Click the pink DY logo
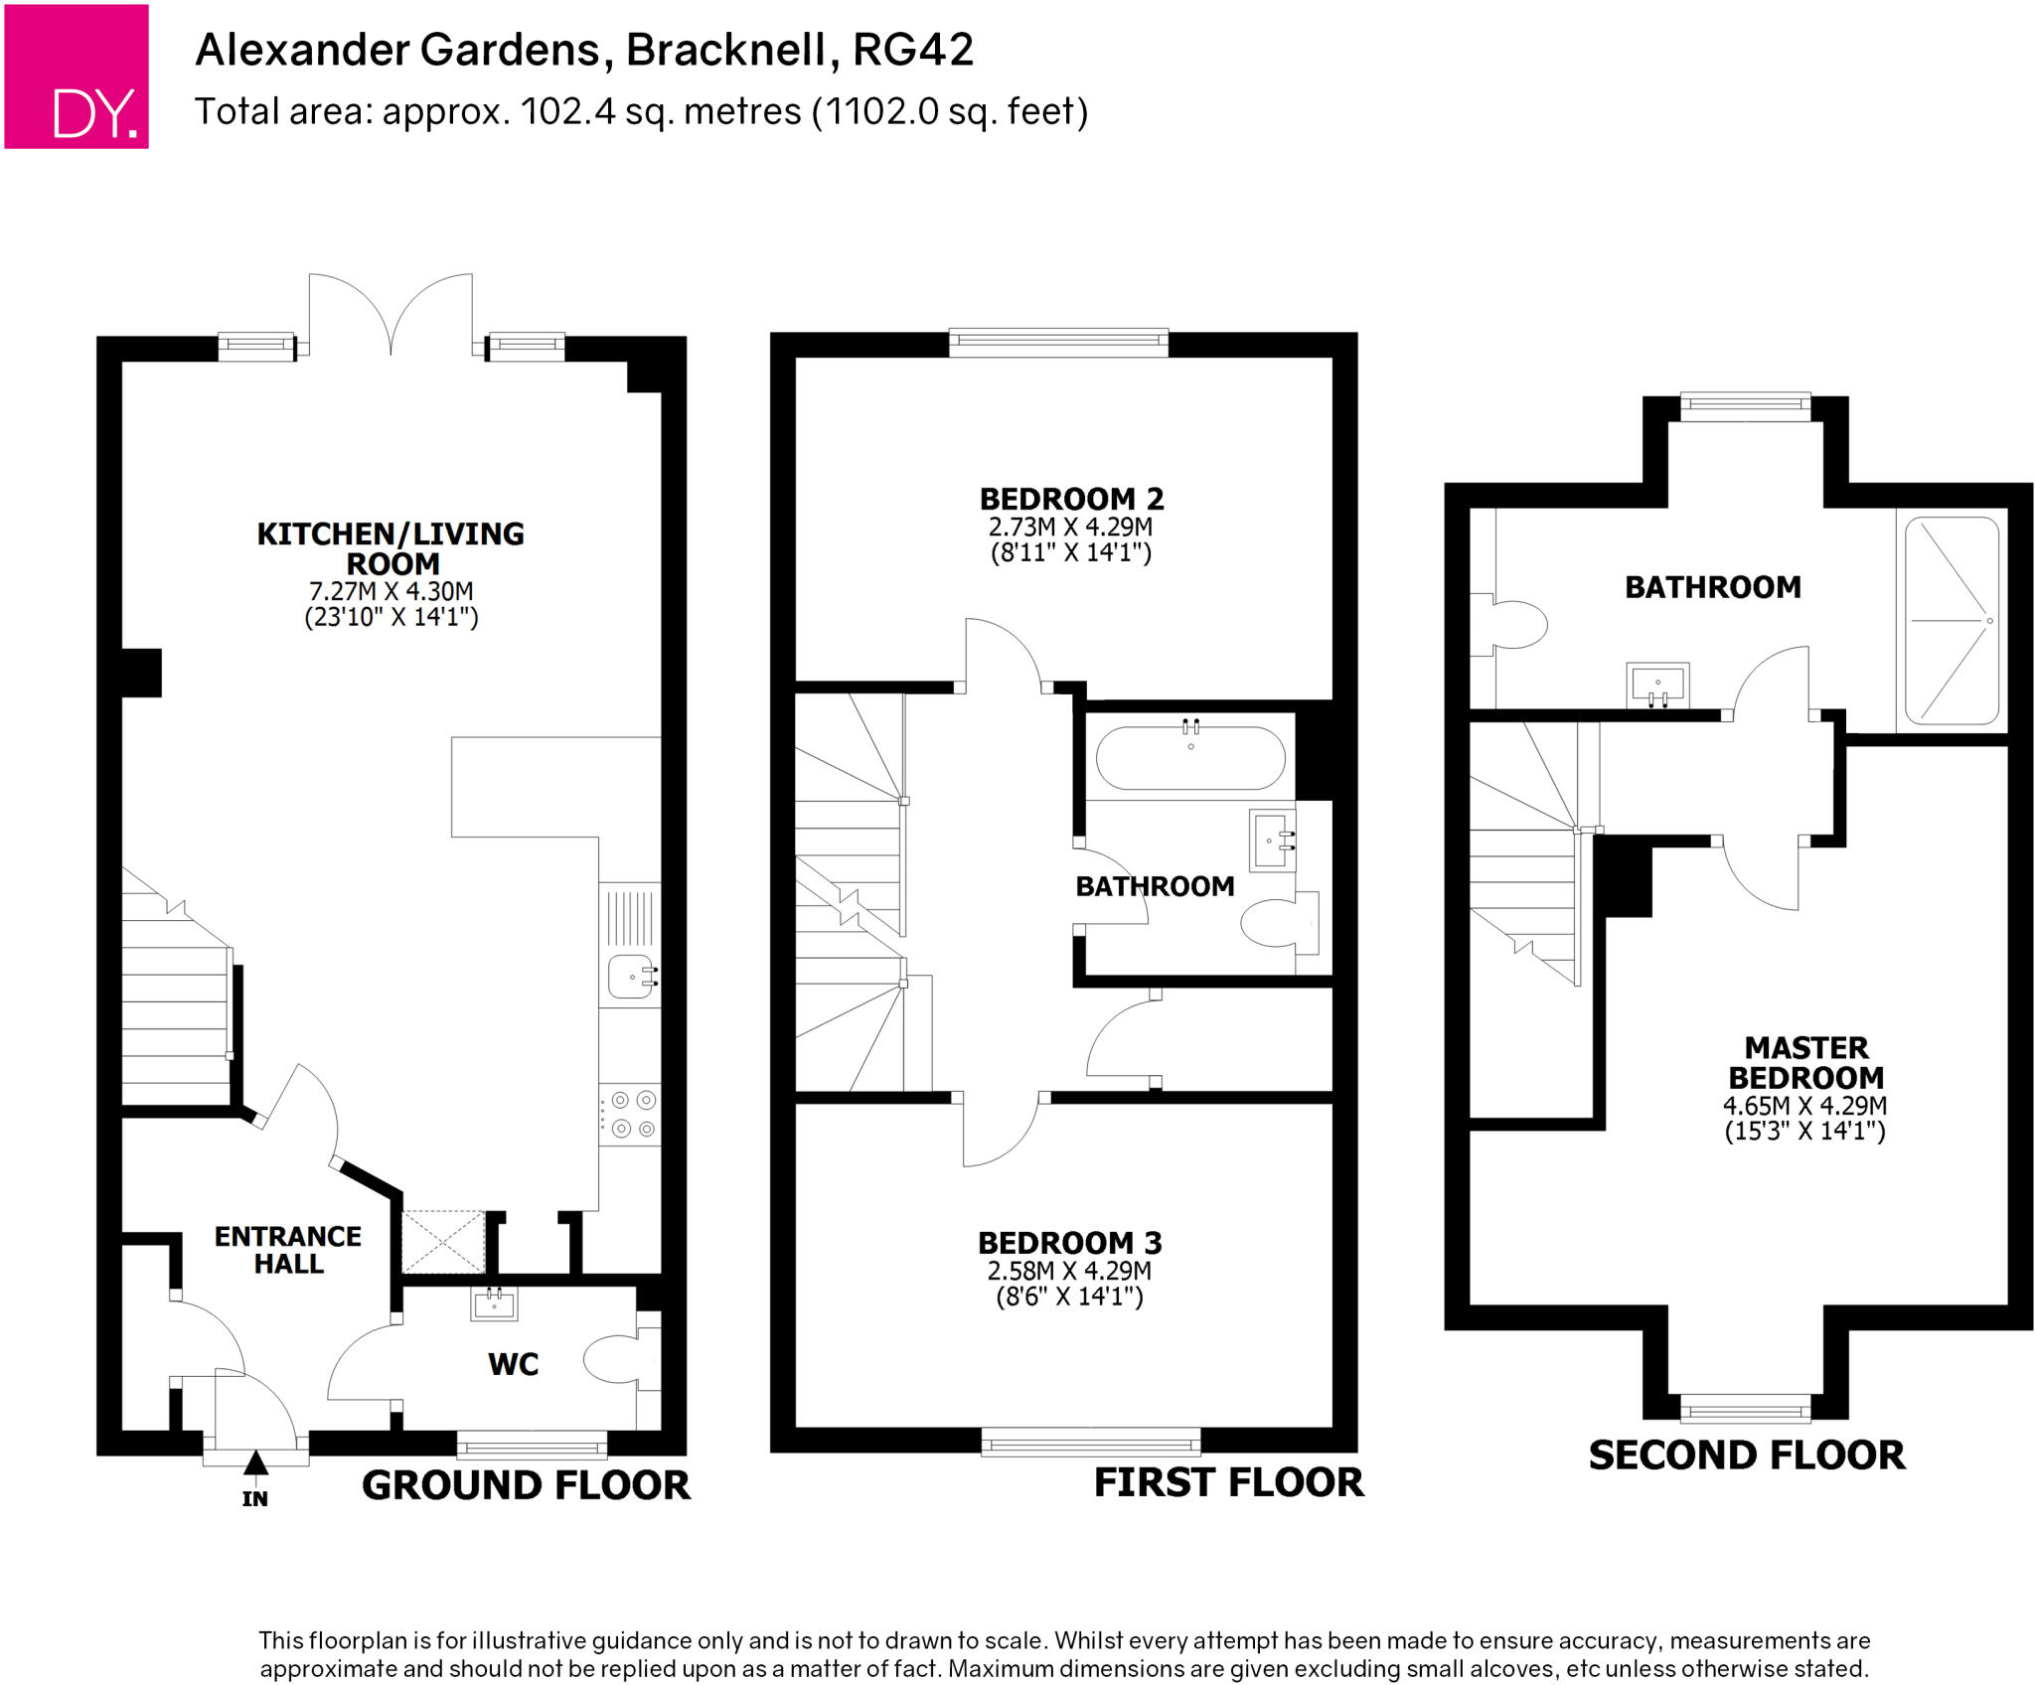tap(77, 77)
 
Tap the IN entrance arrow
tap(255, 1463)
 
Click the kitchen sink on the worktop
tap(630, 976)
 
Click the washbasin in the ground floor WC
tap(494, 1303)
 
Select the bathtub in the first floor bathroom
tap(1189, 758)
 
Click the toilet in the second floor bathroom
tap(1514, 625)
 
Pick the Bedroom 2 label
tap(1071, 499)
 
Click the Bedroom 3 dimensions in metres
tap(1069, 1271)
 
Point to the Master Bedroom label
tap(1805, 1063)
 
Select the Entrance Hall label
tap(288, 1250)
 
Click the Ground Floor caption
tap(526, 1485)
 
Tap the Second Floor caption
tap(1746, 1455)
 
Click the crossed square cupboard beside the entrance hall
tap(443, 1242)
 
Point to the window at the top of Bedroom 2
tap(1058, 343)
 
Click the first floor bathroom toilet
tap(1272, 923)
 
